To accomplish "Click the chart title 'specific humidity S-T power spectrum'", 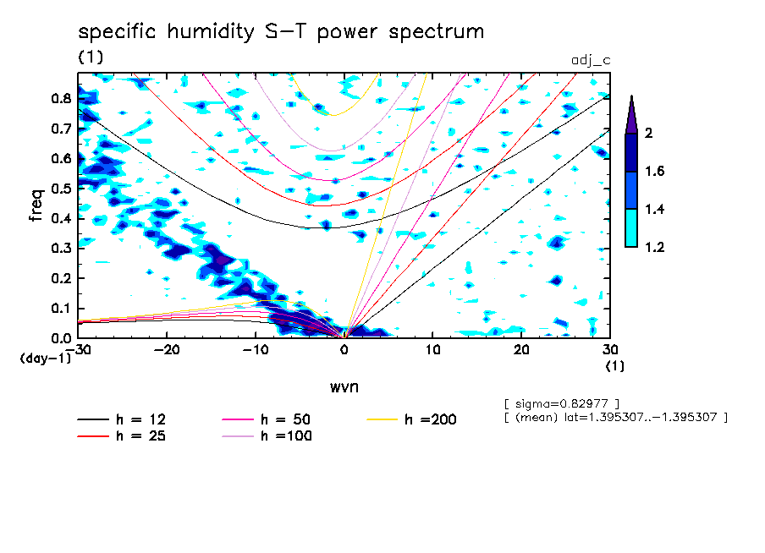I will tap(281, 32).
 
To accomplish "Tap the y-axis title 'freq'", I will tap(36, 205).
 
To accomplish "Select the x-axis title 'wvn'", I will tap(344, 386).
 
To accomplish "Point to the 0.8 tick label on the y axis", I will tap(60, 98).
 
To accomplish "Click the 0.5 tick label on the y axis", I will tap(60, 189).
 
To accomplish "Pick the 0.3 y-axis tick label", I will tap(60, 249).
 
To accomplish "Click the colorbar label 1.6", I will tap(655, 171).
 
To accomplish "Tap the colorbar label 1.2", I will tap(655, 247).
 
